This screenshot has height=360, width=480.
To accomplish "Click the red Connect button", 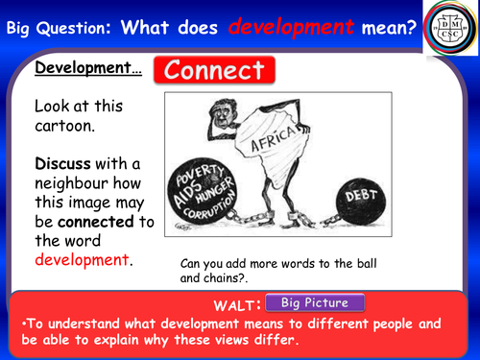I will click(215, 71).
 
